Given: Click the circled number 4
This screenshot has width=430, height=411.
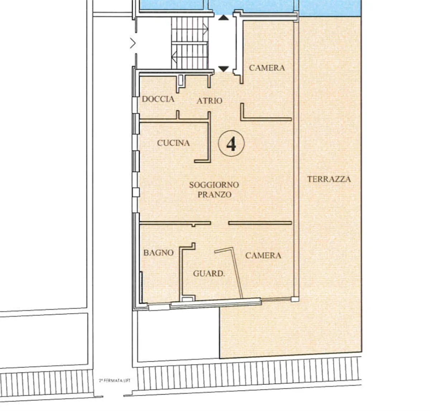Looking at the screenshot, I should coord(231,144).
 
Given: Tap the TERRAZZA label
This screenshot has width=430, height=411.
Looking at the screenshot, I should coord(329,179).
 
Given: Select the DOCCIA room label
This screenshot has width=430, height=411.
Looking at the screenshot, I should coord(158,99).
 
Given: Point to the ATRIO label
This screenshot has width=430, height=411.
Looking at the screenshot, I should coord(209,101).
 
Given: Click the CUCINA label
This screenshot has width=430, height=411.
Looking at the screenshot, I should coord(173,143).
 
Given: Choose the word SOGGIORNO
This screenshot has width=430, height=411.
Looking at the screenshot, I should coord(214,185).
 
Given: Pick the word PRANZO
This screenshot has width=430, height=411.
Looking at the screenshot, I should coord(215,195).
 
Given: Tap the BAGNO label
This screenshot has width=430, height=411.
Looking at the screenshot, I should coord(158,252).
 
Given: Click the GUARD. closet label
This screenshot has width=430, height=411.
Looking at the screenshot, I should coord(209,274).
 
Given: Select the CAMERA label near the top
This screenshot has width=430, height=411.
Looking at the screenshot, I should coord(267,68).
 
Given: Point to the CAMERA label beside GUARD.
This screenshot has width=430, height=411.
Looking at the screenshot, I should coord(263,255).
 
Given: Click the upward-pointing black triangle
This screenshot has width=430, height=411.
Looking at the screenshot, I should coord(223,17).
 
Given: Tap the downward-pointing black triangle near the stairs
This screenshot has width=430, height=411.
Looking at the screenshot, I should coord(224,68).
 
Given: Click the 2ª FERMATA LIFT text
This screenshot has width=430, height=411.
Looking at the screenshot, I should coord(113,381).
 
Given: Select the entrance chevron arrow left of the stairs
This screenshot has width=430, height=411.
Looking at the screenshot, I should coord(133,43).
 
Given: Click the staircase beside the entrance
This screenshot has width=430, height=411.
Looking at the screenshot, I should coord(190,43).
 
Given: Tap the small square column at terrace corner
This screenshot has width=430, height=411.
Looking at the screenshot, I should coord(294,299).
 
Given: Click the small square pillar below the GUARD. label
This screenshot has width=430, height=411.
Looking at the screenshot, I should coord(186,298).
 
